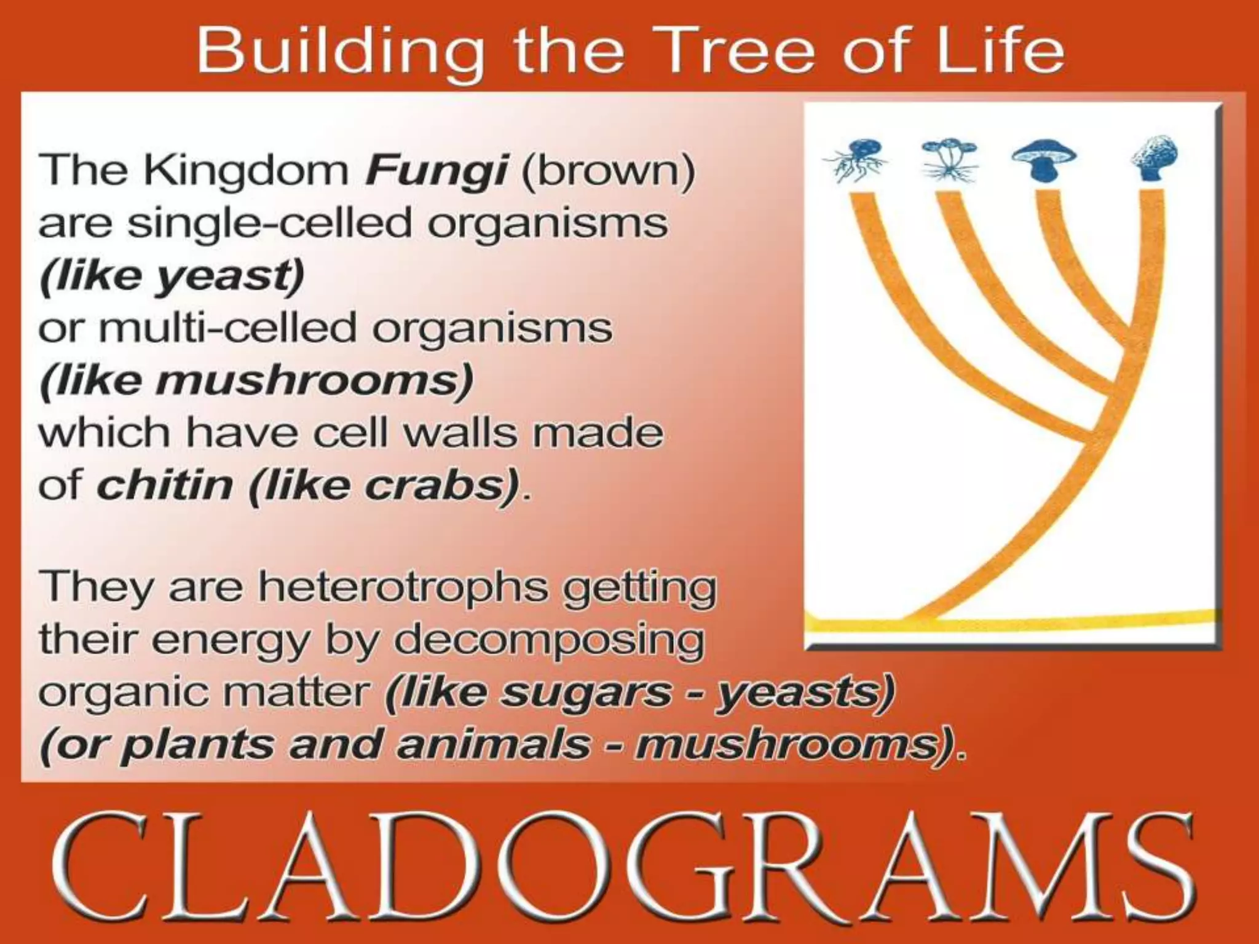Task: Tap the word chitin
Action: coord(164,486)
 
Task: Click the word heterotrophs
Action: coord(403,587)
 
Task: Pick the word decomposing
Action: coord(549,640)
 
